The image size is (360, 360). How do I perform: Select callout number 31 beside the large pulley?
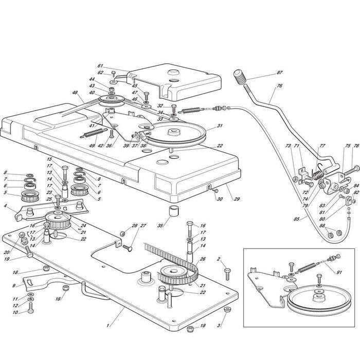pos(220,126)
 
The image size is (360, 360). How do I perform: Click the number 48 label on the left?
pos(75,93)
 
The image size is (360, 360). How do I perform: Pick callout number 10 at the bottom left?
pos(16,312)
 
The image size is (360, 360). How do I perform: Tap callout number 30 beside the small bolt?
pos(218,199)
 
